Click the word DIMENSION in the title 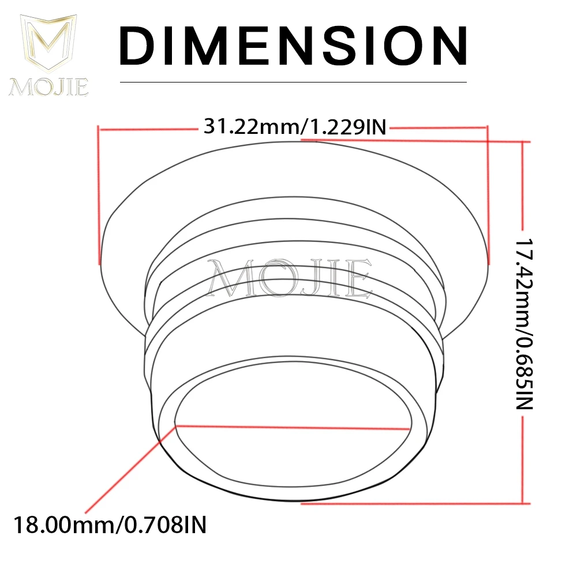pos(293,46)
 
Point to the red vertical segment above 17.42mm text pos(523,185)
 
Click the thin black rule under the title pos(293,82)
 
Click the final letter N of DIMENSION pos(445,46)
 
